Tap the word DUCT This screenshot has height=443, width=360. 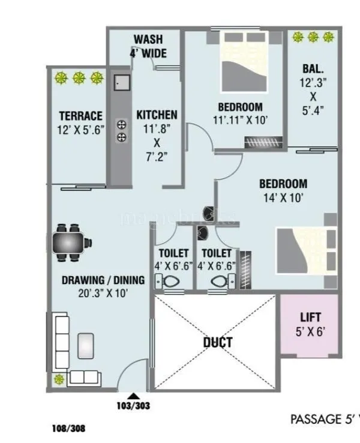tap(217, 343)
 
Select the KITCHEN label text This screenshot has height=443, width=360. tap(157, 115)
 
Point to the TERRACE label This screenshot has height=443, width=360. tap(80, 116)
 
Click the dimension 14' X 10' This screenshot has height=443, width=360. tap(283, 197)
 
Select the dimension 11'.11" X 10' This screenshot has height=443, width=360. tap(240, 120)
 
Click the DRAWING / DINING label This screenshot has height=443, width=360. tap(103, 280)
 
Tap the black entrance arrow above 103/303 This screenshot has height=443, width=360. tap(133, 396)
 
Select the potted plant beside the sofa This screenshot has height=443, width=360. tap(60, 379)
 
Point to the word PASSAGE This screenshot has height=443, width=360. tap(316, 419)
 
